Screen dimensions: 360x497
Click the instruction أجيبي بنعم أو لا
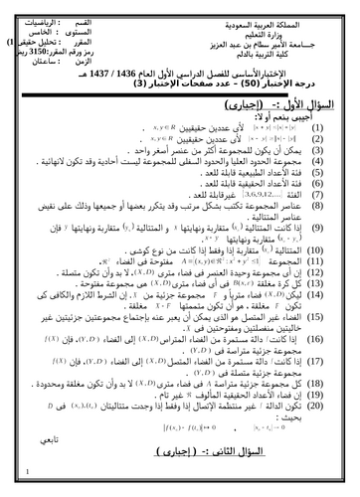309,115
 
